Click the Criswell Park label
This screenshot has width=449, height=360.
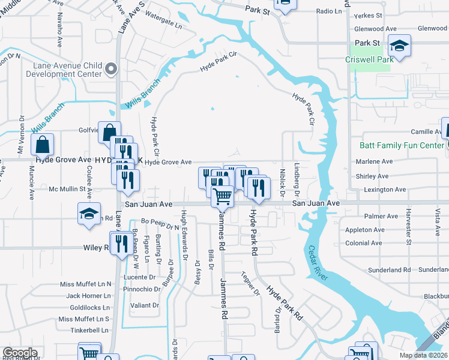point(369,59)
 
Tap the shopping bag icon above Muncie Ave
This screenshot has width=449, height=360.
point(43,145)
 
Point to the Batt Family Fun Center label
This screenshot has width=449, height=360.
point(401,146)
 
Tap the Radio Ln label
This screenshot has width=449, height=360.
point(328,11)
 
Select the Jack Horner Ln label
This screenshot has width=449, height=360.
point(89,295)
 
